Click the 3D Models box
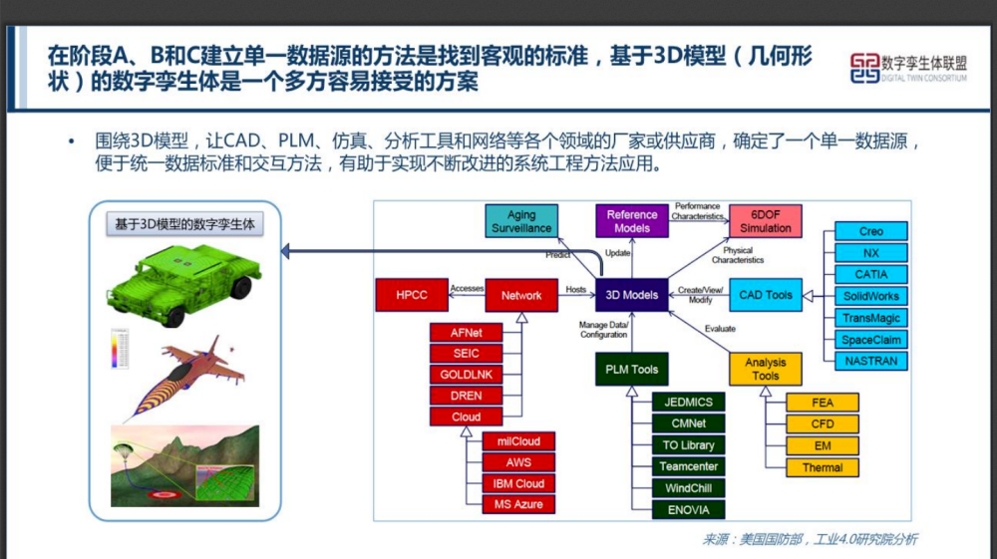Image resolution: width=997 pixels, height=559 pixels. click(632, 295)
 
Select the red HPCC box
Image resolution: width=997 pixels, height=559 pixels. click(412, 295)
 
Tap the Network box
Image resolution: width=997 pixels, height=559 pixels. click(521, 295)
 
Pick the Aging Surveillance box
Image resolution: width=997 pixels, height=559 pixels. click(521, 221)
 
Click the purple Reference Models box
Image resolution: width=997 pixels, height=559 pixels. click(632, 221)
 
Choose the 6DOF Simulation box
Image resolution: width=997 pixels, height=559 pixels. click(765, 221)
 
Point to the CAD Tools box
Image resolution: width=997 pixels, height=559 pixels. click(765, 295)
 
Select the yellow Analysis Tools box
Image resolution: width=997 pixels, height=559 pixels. click(765, 369)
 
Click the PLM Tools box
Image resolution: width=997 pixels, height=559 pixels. click(632, 369)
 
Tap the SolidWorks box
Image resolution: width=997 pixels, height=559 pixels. click(870, 296)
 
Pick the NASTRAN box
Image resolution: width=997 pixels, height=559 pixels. click(870, 361)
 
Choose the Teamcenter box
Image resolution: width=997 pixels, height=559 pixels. click(688, 466)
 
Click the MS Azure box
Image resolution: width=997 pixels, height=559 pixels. click(518, 505)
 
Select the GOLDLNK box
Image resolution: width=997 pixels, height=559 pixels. click(466, 375)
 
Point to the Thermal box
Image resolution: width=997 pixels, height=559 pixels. click(822, 467)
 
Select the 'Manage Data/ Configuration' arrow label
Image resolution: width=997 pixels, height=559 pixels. click(603, 330)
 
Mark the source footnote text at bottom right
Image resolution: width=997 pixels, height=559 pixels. click(810, 539)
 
